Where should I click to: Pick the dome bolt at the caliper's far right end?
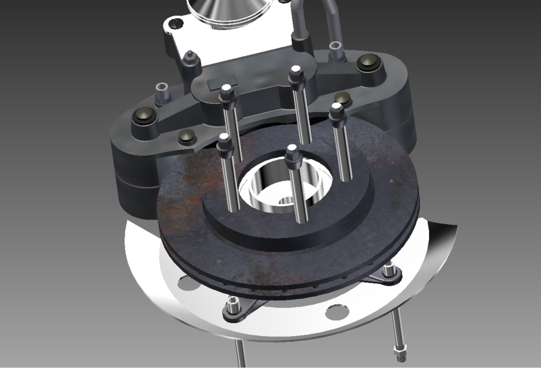pyautogui.click(x=368, y=63)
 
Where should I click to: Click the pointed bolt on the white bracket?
pyautogui.click(x=190, y=59)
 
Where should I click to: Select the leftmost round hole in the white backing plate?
pyautogui.click(x=185, y=282)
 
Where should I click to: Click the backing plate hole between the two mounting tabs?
pyautogui.click(x=335, y=312)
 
